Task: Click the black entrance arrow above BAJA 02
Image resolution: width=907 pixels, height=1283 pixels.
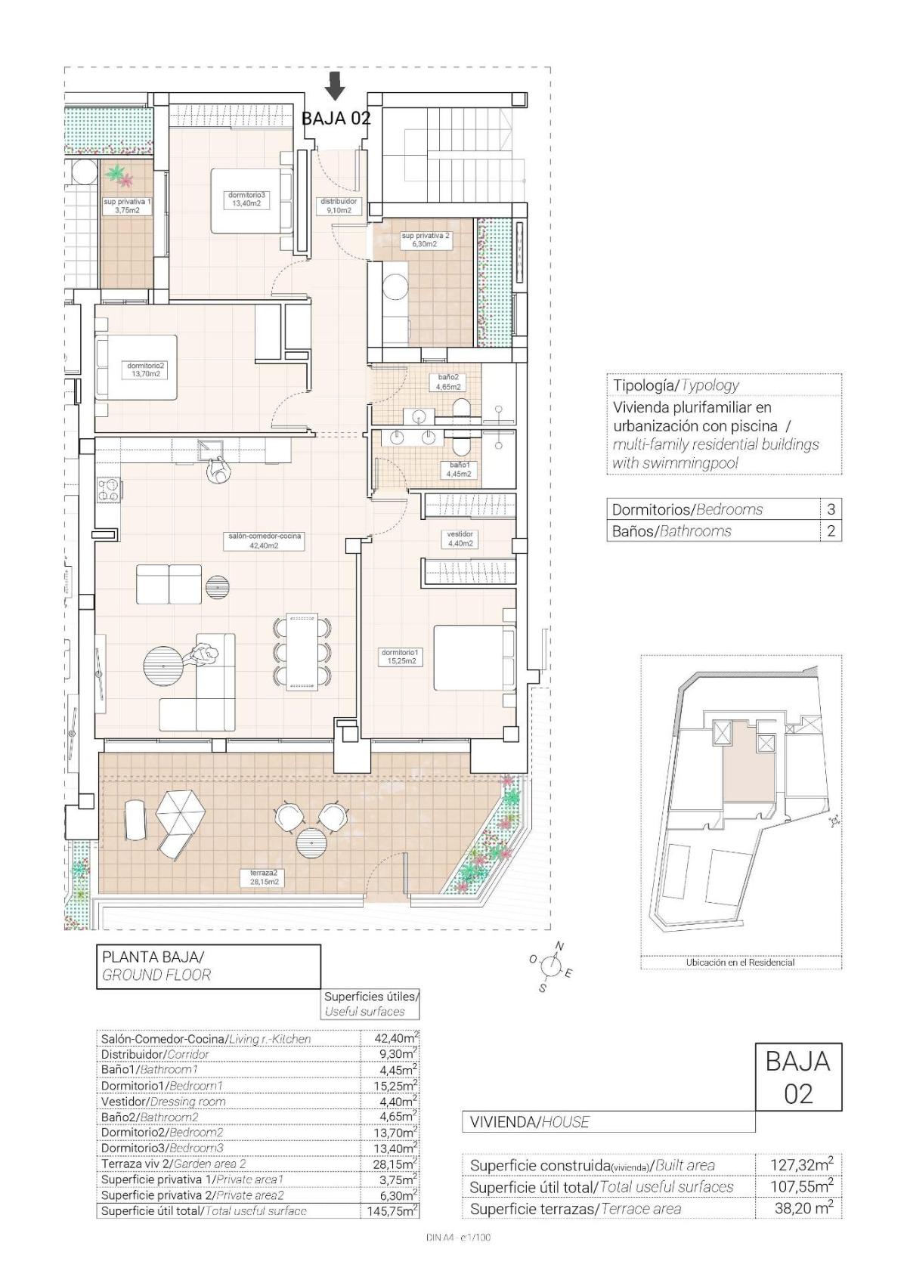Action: tap(335, 86)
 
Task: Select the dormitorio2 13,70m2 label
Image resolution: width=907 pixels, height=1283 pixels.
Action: tap(146, 369)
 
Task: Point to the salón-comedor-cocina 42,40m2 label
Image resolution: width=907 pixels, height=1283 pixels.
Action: tap(265, 540)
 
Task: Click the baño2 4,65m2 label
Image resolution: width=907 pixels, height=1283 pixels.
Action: tap(448, 382)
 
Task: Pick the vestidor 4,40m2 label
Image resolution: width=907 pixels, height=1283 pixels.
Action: tap(460, 539)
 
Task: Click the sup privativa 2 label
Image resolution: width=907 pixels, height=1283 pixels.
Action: tap(426, 240)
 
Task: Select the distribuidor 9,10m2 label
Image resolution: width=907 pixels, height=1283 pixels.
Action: tap(339, 206)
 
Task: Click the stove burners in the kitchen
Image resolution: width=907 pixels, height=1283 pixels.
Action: tap(108, 490)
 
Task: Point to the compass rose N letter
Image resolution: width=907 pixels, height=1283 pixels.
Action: tap(560, 946)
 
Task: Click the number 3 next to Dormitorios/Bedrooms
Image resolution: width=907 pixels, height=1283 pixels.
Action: tap(831, 509)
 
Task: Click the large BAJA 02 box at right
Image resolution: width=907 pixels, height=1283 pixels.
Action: tap(798, 1077)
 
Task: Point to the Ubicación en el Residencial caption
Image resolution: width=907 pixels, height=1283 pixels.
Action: tap(740, 963)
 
